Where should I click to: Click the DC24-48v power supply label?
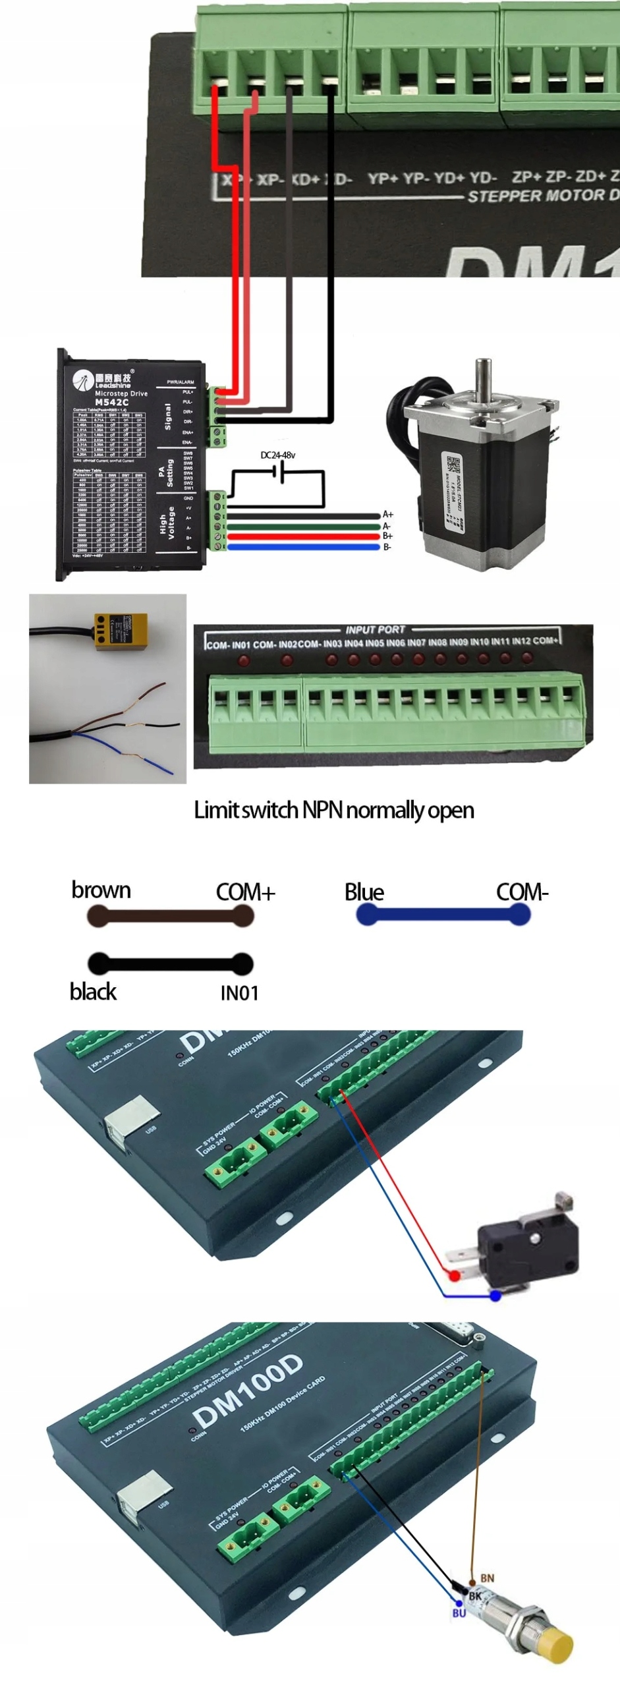(x=277, y=455)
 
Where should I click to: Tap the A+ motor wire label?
(x=388, y=514)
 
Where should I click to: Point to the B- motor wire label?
(x=387, y=547)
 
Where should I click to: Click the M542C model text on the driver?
(x=111, y=402)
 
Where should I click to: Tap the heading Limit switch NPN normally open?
(x=333, y=810)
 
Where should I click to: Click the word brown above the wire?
(x=101, y=890)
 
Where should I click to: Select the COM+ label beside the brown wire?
(x=245, y=892)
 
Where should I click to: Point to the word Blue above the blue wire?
(x=364, y=892)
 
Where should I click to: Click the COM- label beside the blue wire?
(x=522, y=892)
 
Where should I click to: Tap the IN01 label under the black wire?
(x=239, y=992)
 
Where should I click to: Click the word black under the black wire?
(x=93, y=992)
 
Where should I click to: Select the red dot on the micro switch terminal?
(x=454, y=1276)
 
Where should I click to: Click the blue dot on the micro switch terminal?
(x=495, y=1296)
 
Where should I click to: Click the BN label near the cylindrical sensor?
(x=487, y=1578)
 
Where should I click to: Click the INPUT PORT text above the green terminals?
(x=375, y=629)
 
